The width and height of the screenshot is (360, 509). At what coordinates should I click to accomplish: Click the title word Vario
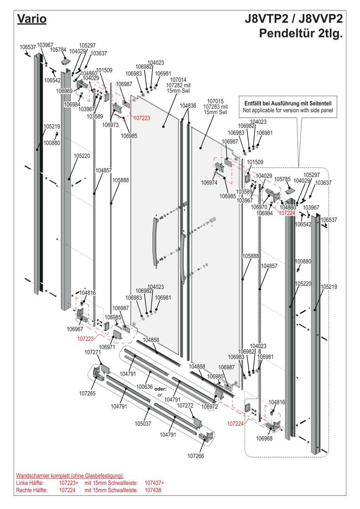[31, 19]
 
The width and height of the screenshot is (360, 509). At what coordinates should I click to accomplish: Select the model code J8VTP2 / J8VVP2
[294, 19]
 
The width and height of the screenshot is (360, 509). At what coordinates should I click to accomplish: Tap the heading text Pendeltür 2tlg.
[301, 33]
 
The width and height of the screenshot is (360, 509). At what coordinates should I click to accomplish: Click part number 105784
[58, 49]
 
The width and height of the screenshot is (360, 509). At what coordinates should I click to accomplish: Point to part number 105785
[282, 179]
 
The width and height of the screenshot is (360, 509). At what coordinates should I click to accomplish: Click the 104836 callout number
[188, 106]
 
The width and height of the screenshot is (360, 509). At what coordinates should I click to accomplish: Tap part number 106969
[64, 91]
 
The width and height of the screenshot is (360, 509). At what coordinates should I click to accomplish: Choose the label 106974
[209, 182]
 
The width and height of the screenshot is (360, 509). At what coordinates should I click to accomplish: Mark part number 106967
[75, 329]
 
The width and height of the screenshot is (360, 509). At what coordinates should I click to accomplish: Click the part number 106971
[106, 347]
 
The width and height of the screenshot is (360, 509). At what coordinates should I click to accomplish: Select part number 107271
[93, 352]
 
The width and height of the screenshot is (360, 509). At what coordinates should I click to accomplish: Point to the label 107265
[87, 393]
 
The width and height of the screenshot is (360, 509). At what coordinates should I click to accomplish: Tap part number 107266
[196, 456]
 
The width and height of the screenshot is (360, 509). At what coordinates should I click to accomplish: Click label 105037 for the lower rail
[143, 424]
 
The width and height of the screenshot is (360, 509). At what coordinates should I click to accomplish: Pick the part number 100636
[145, 386]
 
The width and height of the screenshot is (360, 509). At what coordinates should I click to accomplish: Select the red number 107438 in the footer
[153, 490]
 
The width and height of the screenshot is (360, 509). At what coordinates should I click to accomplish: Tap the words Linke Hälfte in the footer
[30, 483]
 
